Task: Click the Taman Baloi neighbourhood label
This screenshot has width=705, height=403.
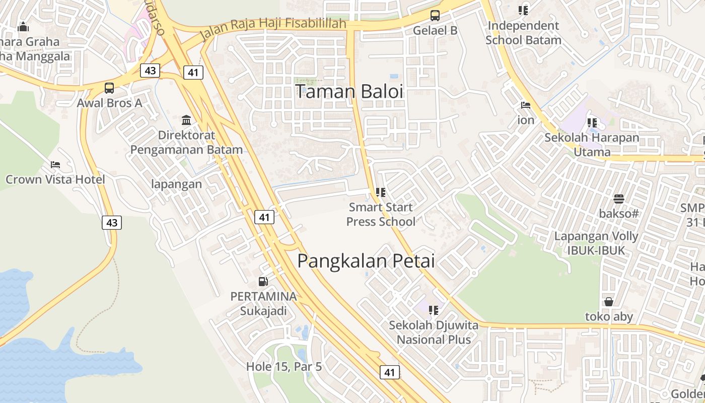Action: (349, 92)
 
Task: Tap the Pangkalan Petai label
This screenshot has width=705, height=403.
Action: (366, 261)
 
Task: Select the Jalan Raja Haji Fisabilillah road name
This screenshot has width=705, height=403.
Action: (273, 29)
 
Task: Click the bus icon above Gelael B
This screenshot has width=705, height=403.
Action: (435, 15)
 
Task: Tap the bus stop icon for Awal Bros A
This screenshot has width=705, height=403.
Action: (109, 88)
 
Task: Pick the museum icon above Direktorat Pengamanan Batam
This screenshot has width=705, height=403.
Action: (186, 120)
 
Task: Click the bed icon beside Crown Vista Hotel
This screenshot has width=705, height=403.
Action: (55, 165)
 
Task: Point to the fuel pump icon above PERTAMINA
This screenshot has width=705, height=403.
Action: (263, 282)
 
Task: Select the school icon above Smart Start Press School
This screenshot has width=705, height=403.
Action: (380, 192)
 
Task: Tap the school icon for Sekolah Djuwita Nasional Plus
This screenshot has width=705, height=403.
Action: (434, 310)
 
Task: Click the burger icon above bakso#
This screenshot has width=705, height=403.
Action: (618, 198)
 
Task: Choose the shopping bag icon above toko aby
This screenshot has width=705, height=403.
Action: (609, 302)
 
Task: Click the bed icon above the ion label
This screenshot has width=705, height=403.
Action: (526, 105)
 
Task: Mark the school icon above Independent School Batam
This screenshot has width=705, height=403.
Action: (523, 10)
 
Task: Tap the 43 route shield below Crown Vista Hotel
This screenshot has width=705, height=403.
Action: (112, 222)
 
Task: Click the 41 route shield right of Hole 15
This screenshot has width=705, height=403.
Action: (389, 372)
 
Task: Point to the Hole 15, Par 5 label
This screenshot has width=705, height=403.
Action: (284, 367)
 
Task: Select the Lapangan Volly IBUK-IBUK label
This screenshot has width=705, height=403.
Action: (596, 243)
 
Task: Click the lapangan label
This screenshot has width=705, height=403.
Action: (176, 184)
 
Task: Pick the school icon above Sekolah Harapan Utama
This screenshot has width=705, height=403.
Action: (592, 122)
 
